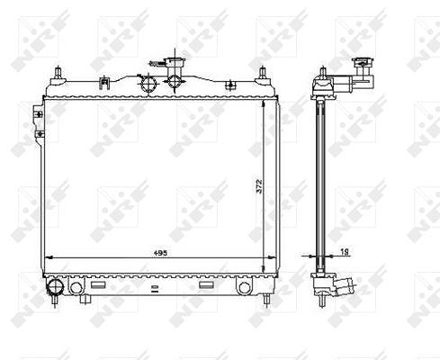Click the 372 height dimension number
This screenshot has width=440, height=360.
[259, 186]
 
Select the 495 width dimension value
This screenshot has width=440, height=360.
[160, 253]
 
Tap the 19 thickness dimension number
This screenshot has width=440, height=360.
[345, 252]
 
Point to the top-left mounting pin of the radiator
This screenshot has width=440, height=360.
[58, 73]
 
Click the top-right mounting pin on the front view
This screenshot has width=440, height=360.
[263, 73]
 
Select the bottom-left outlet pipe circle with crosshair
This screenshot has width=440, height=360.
[55, 286]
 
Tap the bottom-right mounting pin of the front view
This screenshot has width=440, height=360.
[266, 300]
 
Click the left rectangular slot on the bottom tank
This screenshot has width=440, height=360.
[98, 284]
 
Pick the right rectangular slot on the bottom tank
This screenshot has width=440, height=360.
[206, 284]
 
